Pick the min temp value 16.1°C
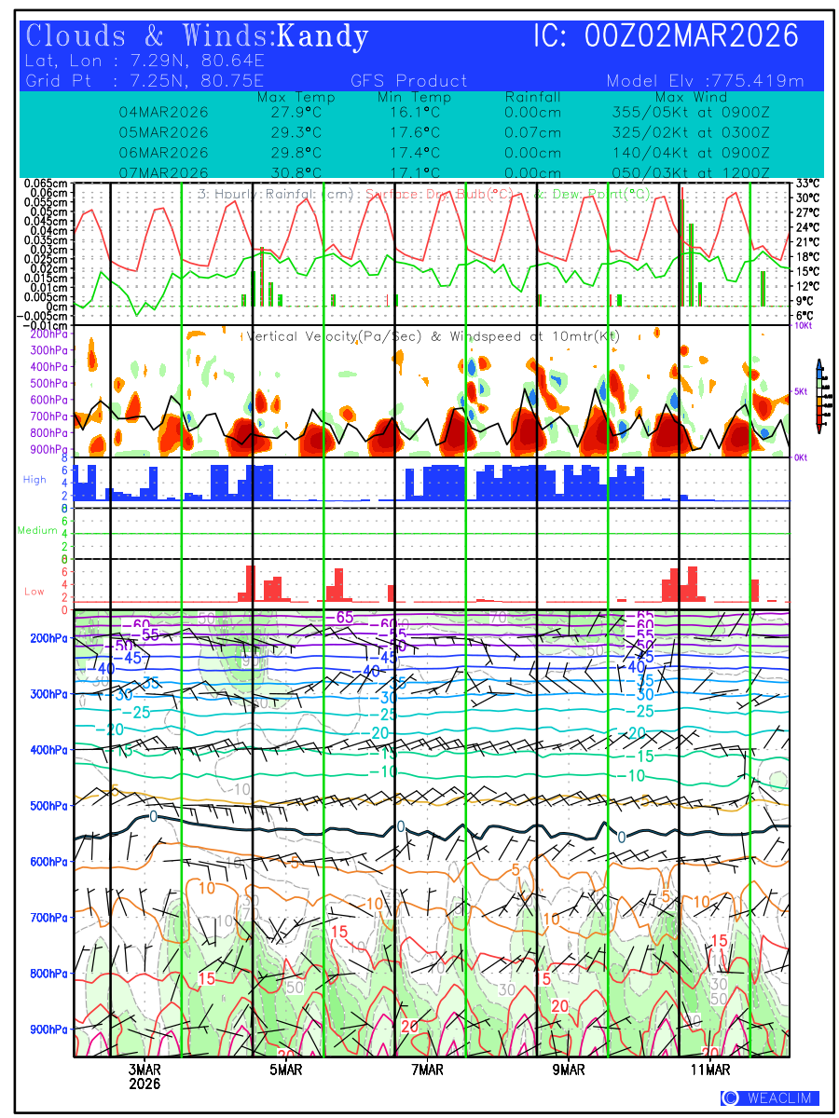[x=414, y=113]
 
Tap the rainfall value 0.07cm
[x=532, y=132]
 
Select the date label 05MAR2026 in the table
[x=164, y=132]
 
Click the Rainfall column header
[x=532, y=97]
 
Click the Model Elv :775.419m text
[x=704, y=81]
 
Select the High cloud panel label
[x=34, y=479]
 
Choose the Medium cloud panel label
[x=37, y=530]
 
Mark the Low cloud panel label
[x=34, y=591]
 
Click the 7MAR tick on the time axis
[x=428, y=1070]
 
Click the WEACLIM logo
[x=770, y=1098]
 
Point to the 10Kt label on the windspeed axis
[x=803, y=326]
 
